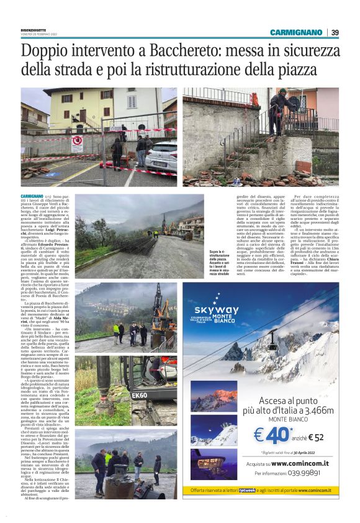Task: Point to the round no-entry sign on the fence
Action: [x=77, y=140]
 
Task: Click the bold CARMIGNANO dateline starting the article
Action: [x=32, y=196]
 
